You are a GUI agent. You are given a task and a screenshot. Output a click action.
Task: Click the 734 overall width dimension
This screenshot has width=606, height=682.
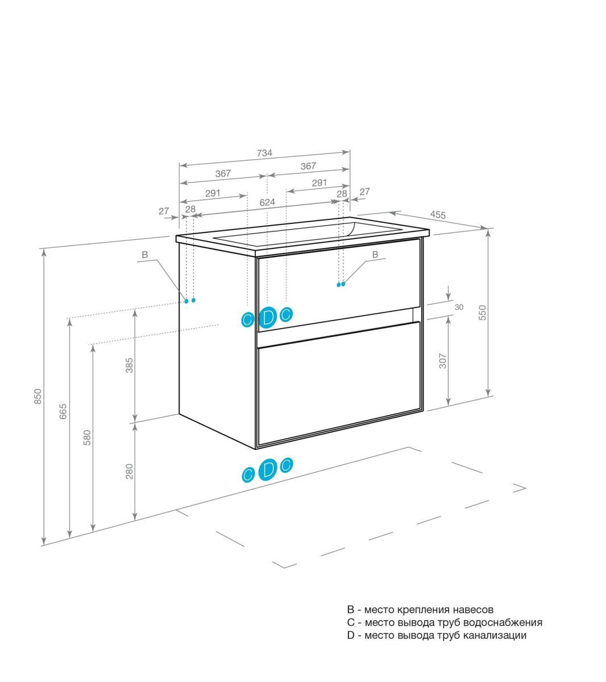[x=264, y=153]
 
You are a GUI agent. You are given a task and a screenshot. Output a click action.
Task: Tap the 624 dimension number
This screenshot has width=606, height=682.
[x=267, y=202]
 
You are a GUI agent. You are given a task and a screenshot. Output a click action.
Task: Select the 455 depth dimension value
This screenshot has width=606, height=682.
[x=438, y=215]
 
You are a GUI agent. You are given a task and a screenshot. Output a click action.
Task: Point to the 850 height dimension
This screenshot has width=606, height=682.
[x=39, y=396]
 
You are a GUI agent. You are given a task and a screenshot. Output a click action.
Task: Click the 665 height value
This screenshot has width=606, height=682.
[x=63, y=411]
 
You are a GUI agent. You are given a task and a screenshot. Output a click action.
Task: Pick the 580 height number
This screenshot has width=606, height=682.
[x=87, y=438]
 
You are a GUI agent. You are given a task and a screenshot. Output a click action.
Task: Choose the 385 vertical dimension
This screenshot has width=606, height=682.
[x=129, y=365]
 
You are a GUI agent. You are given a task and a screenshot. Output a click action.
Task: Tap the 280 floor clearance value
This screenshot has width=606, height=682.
[x=129, y=471]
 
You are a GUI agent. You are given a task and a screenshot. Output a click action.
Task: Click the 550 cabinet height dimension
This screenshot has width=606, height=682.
[x=483, y=313]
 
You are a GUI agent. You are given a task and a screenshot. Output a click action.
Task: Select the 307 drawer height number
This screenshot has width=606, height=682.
[x=443, y=361]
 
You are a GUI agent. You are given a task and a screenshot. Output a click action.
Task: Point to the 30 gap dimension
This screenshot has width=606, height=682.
[x=459, y=307]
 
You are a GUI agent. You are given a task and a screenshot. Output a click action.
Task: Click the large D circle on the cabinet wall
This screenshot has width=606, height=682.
[x=268, y=317]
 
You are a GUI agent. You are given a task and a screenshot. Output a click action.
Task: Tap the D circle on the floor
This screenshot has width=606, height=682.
[x=268, y=469]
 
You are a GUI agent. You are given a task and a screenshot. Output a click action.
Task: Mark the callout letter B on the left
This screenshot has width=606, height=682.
[x=145, y=255]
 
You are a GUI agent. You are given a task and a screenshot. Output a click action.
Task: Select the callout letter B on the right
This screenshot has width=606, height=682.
[x=375, y=255]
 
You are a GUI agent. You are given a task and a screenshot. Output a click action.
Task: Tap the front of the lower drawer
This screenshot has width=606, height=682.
[x=339, y=384]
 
